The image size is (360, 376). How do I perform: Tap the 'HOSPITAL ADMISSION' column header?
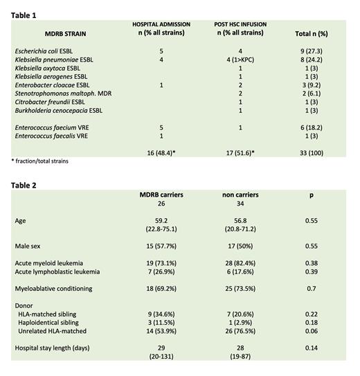click(x=161, y=25)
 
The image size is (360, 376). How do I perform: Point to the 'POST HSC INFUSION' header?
click(x=240, y=25)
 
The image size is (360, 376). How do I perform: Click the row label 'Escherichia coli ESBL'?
click(x=44, y=51)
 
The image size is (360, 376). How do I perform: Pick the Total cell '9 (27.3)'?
click(x=309, y=51)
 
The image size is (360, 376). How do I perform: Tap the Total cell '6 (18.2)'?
click(x=309, y=137)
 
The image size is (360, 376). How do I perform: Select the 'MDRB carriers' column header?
click(x=161, y=196)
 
